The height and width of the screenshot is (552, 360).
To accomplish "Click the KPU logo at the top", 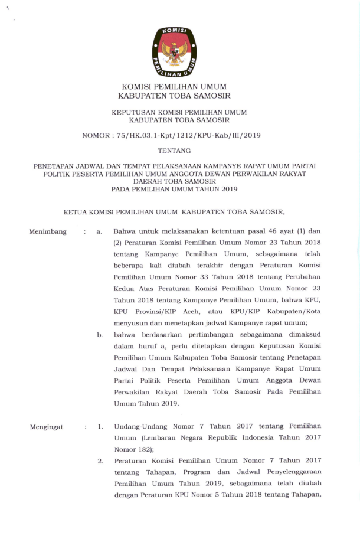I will pyautogui.click(x=175, y=53).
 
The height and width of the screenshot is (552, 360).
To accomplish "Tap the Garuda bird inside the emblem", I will pyautogui.click(x=175, y=53).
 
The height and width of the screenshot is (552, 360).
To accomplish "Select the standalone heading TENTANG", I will pyautogui.click(x=175, y=151).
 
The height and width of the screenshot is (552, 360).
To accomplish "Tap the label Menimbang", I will pyautogui.click(x=48, y=232).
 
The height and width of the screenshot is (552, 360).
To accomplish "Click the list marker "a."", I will pyautogui.click(x=100, y=232).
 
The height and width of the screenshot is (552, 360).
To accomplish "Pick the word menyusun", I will pyautogui.click(x=133, y=322).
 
